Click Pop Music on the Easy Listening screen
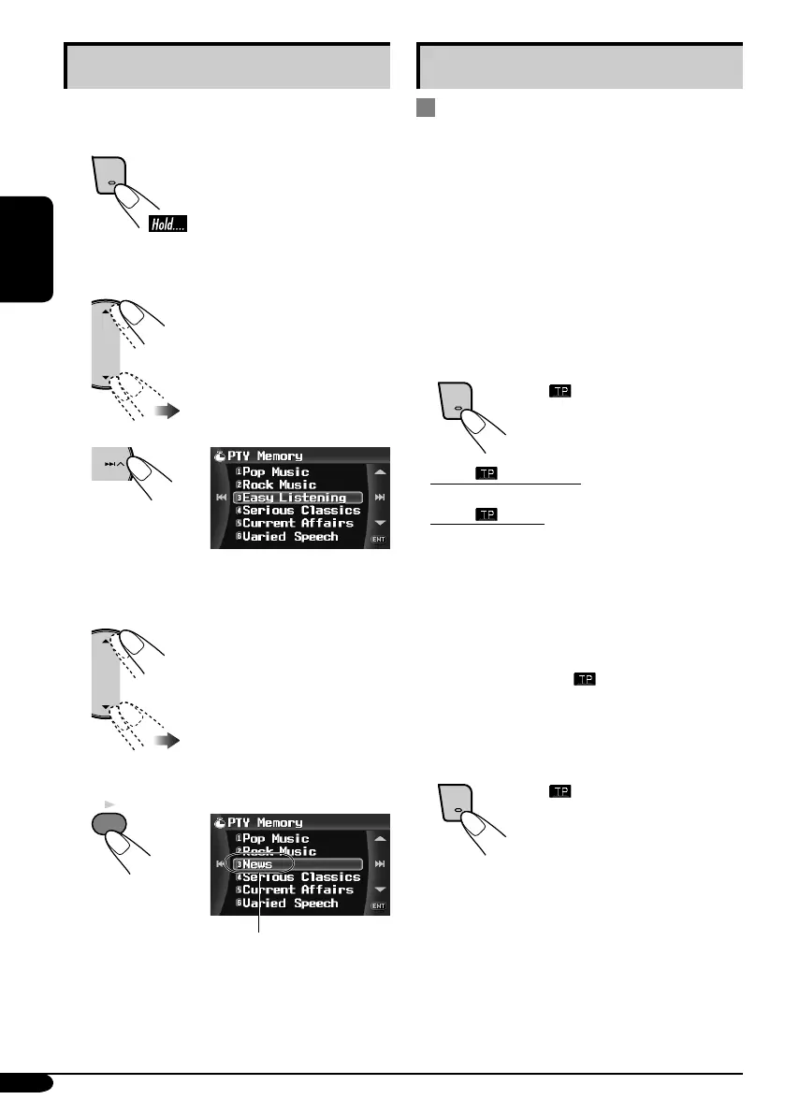pos(275,472)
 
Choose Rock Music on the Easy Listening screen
pos(279,485)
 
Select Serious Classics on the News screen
pos(300,877)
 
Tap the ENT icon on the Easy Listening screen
pos(379,541)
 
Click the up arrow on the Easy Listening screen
pos(379,472)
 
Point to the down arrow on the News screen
pos(379,888)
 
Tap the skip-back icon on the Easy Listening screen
pos(221,497)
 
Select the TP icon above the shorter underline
pos(487,514)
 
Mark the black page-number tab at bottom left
pos(26,1083)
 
